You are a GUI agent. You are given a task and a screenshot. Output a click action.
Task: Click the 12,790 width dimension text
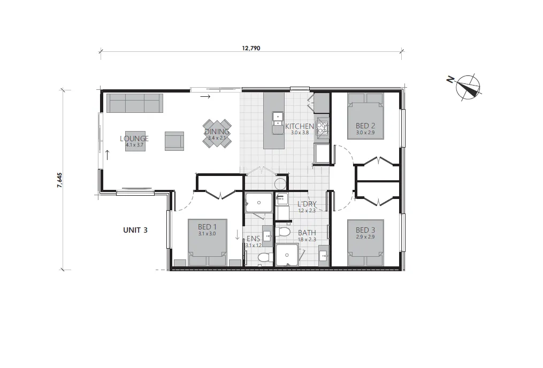tap(251, 48)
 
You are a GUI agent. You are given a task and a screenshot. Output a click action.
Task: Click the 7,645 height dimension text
tap(60, 180)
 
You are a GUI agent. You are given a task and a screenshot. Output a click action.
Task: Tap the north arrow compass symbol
tap(468, 87)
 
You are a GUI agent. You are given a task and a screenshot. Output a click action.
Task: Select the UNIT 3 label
tap(135, 230)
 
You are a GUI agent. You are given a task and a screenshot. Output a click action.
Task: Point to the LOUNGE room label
tap(134, 139)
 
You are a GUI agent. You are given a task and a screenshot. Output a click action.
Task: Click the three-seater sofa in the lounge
tap(134, 103)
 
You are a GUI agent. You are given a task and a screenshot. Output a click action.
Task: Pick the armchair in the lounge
tap(174, 141)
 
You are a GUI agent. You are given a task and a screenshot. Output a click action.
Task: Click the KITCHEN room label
tap(299, 126)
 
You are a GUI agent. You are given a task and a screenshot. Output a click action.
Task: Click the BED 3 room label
tap(365, 230)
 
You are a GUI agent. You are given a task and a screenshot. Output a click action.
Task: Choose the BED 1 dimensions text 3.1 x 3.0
tap(207, 233)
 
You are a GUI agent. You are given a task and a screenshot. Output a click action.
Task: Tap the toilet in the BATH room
tap(284, 232)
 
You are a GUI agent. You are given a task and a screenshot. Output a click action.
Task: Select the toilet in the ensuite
tap(263, 257)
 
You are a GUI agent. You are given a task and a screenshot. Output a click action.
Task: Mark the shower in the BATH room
tap(288, 255)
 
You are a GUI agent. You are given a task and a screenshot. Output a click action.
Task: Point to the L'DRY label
tap(307, 204)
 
